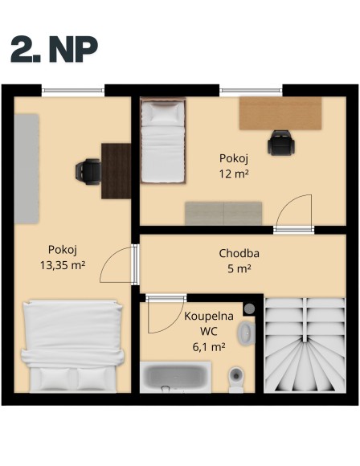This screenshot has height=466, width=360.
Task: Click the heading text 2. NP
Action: [54, 49]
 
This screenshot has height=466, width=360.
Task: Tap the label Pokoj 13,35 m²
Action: [62, 256]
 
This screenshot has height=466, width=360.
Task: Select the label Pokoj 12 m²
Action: [234, 166]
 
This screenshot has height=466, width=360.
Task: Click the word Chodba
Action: [238, 254]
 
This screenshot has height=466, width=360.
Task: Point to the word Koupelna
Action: [208, 316]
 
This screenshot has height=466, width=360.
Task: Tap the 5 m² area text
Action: [239, 269]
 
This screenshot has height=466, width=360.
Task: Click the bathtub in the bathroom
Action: [176, 377]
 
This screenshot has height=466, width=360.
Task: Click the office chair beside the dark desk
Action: [88, 170]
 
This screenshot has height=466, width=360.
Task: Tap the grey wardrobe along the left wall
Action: [27, 169]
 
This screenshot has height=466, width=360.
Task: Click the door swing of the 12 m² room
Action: [292, 211]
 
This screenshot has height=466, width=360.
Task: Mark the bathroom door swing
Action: [165, 317]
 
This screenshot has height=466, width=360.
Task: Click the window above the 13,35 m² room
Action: [73, 89]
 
